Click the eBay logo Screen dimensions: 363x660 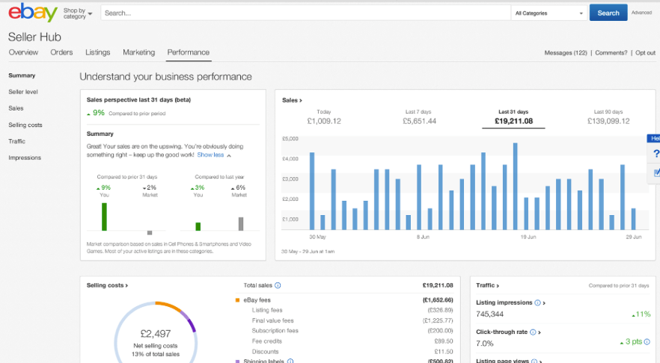(34, 13)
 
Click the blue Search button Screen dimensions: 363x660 (608, 13)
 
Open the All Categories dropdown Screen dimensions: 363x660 (549, 13)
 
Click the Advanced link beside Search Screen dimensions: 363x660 (641, 13)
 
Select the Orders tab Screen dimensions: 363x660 (61, 52)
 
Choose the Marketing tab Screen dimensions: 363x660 (138, 52)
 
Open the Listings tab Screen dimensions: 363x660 (97, 52)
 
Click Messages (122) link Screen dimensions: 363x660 (565, 53)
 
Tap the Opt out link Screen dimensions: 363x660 (644, 53)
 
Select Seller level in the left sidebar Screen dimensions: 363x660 (23, 92)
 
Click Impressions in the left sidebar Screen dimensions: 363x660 (25, 158)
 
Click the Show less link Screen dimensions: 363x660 (210, 155)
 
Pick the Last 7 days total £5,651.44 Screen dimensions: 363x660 (419, 121)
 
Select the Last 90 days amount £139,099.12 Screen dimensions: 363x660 (608, 121)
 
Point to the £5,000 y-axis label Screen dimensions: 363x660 (290, 139)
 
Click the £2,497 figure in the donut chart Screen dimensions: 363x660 (156, 333)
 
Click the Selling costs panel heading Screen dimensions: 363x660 (107, 285)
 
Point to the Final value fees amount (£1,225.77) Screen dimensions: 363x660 (438, 320)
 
